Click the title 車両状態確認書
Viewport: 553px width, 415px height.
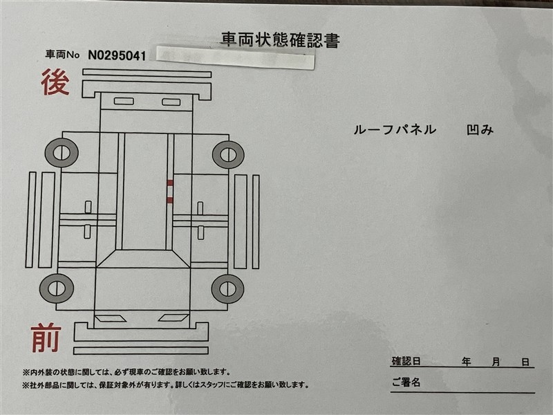(281, 40)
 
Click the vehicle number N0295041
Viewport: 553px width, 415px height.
(117, 55)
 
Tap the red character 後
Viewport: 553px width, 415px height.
(55, 82)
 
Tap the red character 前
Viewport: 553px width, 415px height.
(46, 338)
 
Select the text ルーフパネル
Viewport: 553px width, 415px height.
(395, 130)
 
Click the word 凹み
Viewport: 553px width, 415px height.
(480, 130)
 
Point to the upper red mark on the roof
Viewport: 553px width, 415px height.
(170, 183)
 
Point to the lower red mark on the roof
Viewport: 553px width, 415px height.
(170, 200)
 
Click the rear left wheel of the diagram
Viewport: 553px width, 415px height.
(62, 153)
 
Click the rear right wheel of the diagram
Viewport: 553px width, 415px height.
(228, 154)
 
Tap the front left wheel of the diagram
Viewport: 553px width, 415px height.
(57, 288)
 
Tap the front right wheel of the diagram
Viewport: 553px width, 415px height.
(227, 288)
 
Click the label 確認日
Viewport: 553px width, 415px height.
(406, 361)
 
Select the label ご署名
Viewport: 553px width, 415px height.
(406, 382)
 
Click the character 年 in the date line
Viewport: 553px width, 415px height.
(466, 362)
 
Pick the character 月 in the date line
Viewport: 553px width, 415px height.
(496, 362)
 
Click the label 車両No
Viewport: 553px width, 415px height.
(62, 55)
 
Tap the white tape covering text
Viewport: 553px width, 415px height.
(235, 57)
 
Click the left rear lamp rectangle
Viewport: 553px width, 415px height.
(124, 101)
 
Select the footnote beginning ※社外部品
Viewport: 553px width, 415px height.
(165, 385)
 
